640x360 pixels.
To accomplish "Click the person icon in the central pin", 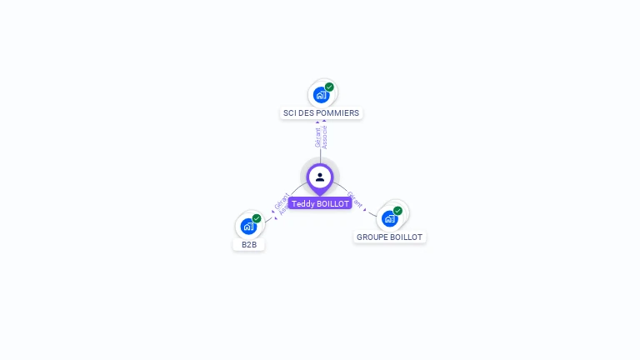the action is point(320,177).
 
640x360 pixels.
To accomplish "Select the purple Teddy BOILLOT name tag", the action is point(320,203).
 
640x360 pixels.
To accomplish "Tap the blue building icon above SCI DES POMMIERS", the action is point(322,95).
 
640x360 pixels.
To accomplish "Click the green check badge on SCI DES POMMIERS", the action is point(329,87).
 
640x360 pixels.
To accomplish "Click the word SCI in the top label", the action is point(289,113).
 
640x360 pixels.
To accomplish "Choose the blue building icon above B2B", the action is point(248,226).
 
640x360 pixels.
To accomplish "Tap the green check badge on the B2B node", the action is point(257,218).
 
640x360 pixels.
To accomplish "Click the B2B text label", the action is point(249,245).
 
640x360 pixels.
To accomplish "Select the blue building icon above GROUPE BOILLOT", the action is point(389,218).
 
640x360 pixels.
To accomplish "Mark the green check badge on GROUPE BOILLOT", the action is point(397,211).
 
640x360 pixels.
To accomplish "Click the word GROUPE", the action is point(372,237).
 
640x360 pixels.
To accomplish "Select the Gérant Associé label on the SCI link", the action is point(321,137).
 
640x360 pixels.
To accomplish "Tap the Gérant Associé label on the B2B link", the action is point(282,205).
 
